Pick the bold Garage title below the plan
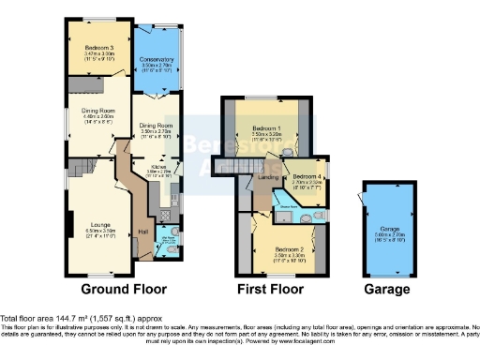(387, 290)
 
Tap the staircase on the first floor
(230, 166)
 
